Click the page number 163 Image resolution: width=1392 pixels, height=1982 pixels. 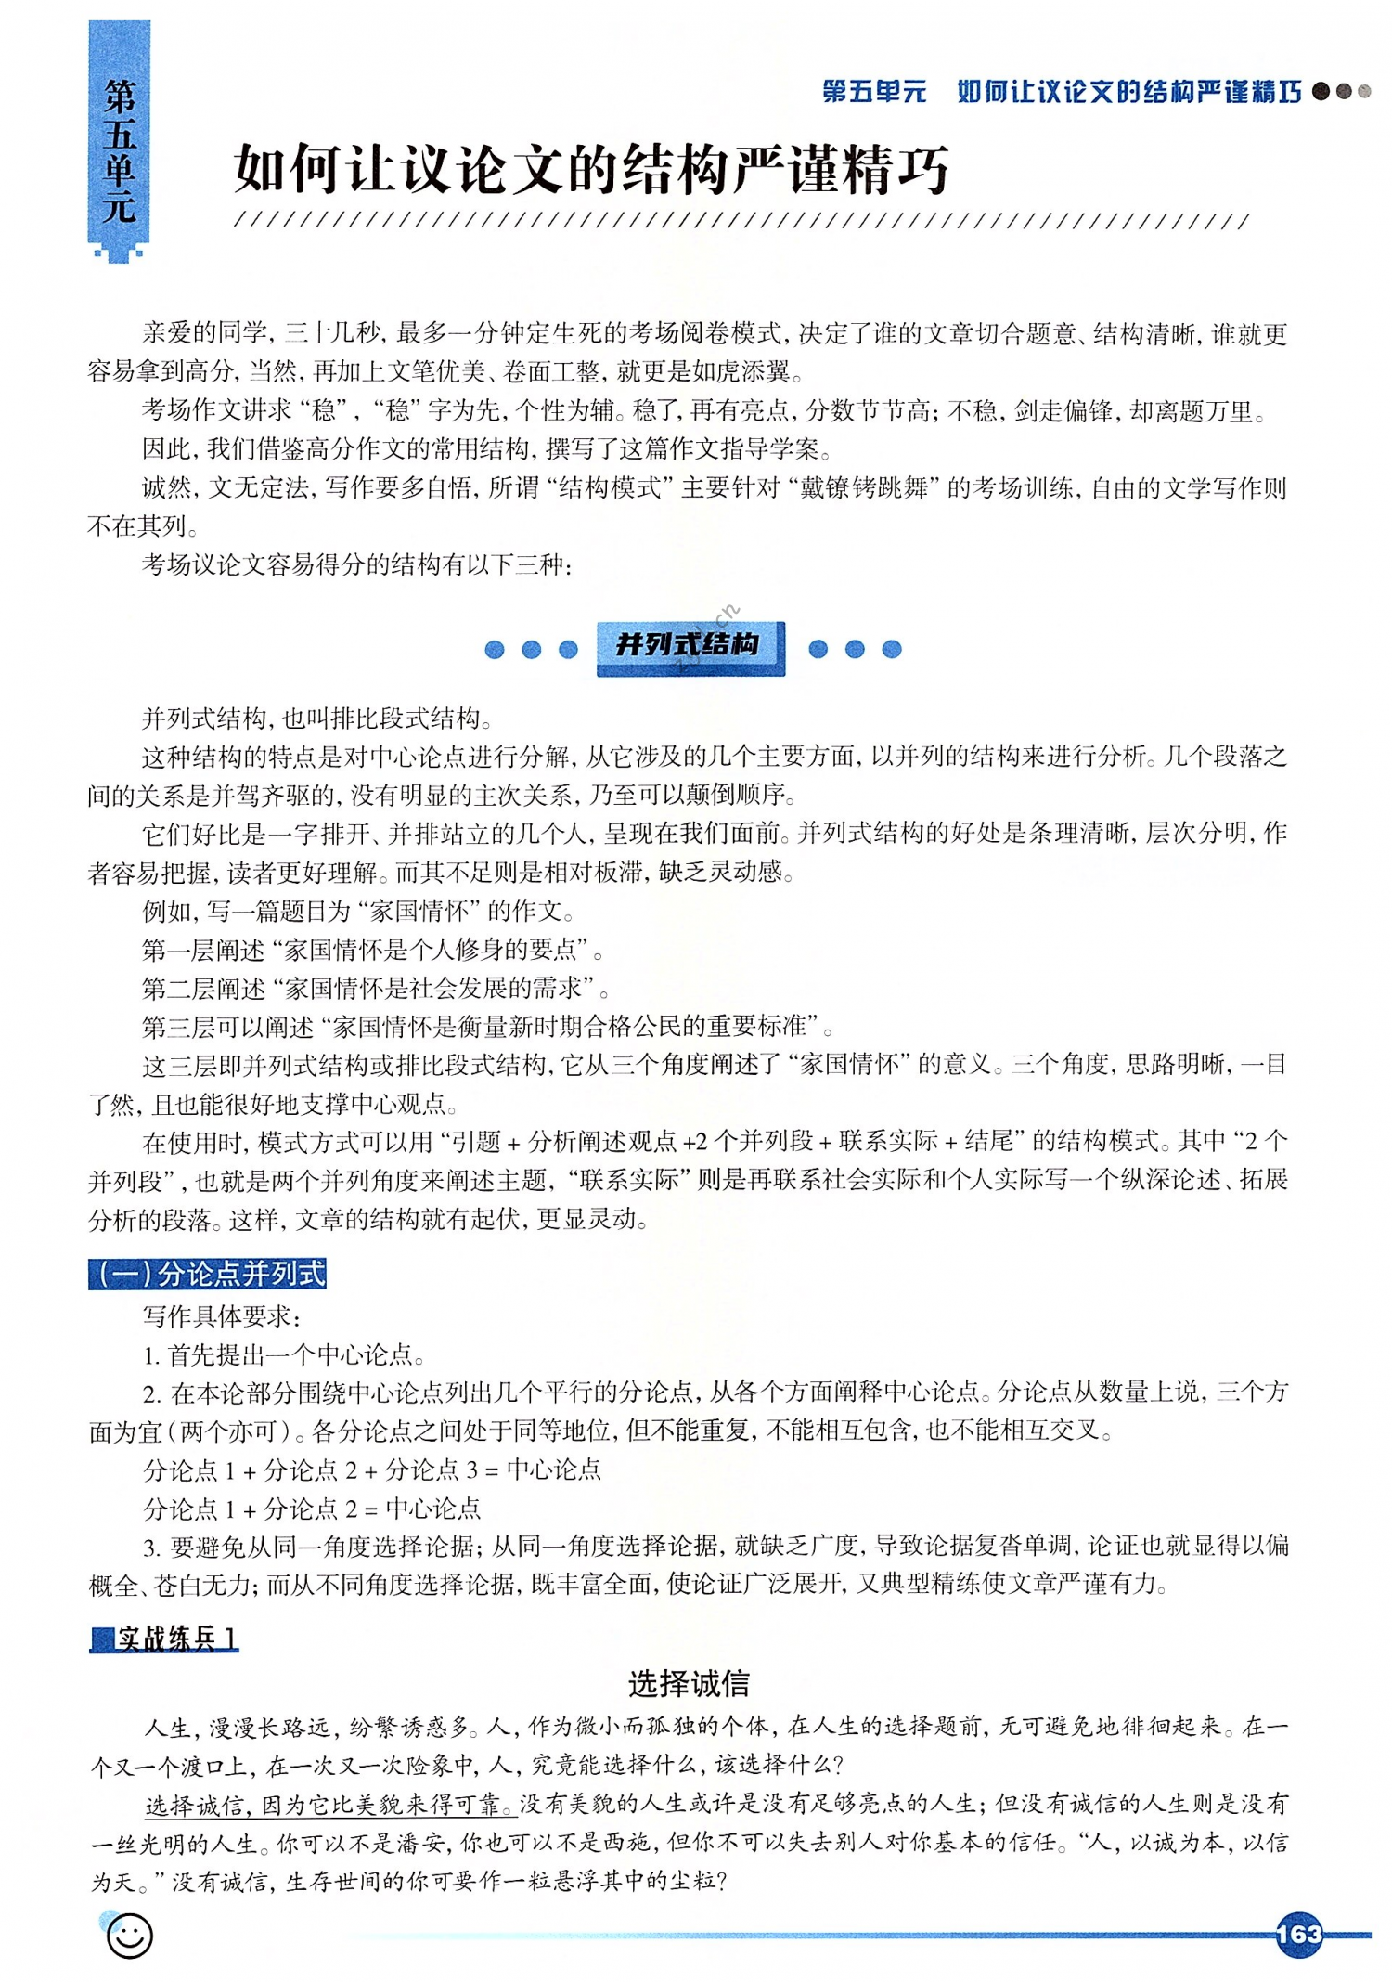pyautogui.click(x=1298, y=1933)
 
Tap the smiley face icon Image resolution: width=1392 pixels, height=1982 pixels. pyautogui.click(x=128, y=1935)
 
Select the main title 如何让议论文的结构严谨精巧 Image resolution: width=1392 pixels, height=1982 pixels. pyautogui.click(x=591, y=169)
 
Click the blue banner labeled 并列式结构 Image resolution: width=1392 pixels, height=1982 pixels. pyautogui.click(x=690, y=646)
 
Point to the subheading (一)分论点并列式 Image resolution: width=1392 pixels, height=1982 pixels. pyautogui.click(x=208, y=1273)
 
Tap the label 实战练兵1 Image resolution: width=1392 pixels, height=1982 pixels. pyautogui.click(x=165, y=1639)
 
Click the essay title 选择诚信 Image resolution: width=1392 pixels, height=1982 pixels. pyautogui.click(x=689, y=1683)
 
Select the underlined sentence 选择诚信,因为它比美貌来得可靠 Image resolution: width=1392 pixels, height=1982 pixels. pyautogui.click(x=329, y=1805)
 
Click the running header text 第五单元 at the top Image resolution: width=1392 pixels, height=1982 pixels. pyautogui.click(x=874, y=91)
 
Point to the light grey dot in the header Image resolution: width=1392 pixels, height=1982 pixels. pyautogui.click(x=1363, y=91)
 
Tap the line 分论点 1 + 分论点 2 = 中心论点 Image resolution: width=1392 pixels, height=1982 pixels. pyautogui.click(x=312, y=1509)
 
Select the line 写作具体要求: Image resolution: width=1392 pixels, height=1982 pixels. pyautogui.click(x=221, y=1315)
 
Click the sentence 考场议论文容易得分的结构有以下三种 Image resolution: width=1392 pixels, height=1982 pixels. pyautogui.click(x=356, y=564)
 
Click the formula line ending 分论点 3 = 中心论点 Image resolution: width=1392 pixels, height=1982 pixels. pyautogui.click(x=372, y=1470)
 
